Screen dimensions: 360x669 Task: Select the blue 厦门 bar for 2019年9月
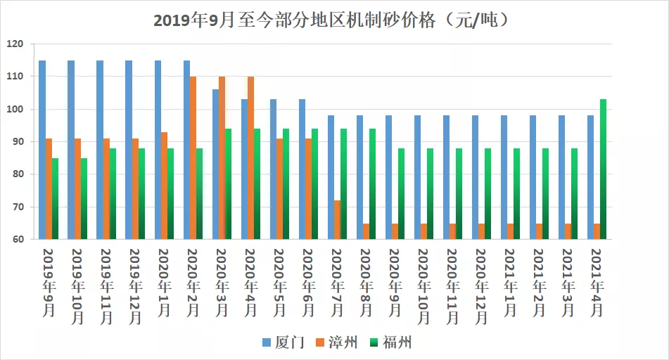point(42,150)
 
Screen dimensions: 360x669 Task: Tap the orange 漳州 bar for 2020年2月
point(193,158)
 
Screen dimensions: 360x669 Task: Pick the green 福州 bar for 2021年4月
point(603,169)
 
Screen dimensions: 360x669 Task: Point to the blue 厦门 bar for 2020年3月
point(215,165)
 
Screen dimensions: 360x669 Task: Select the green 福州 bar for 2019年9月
point(55,198)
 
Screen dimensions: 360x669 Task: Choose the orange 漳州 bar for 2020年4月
point(250,158)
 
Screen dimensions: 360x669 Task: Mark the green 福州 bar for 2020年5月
point(286,184)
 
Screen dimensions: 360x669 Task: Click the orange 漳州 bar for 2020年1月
point(164,186)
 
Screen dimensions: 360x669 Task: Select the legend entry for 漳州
point(338,342)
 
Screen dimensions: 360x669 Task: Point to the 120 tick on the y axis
point(15,44)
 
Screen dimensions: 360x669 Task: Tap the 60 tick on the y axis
point(18,239)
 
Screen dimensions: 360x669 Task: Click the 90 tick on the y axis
point(18,141)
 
